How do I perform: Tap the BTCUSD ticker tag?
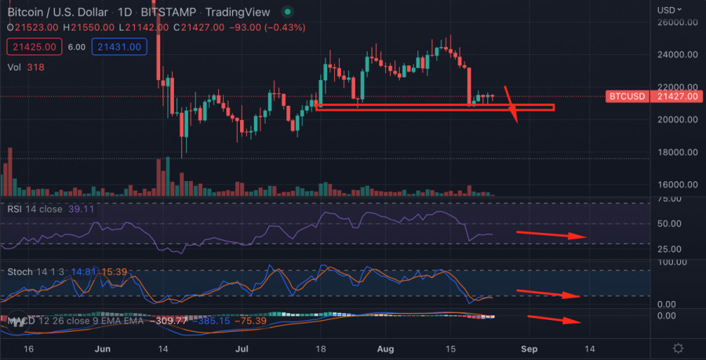[628, 96]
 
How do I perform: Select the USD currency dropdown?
[669, 9]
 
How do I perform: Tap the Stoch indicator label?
[20, 272]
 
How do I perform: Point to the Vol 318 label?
[25, 67]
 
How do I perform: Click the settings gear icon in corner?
[678, 347]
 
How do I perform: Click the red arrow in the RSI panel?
[551, 235]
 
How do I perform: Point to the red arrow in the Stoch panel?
[548, 293]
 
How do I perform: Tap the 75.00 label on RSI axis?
[669, 199]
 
